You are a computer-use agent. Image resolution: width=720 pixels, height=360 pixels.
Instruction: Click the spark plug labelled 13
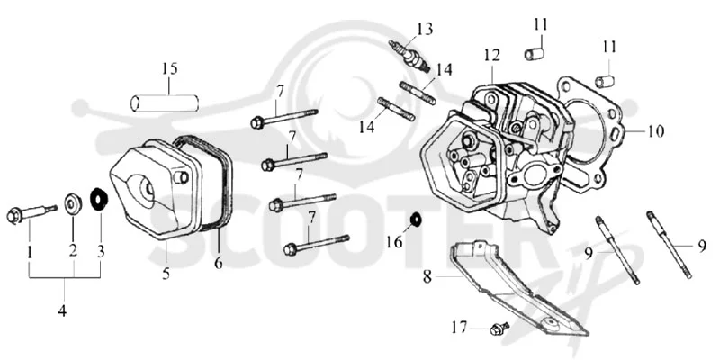[409, 57]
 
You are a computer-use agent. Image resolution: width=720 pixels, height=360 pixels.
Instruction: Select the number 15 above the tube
[169, 69]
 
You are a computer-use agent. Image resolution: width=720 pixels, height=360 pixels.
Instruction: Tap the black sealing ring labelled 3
[99, 198]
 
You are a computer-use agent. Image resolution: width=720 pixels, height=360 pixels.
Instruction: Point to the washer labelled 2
[73, 204]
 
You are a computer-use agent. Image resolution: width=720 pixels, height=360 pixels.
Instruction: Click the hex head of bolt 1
[14, 216]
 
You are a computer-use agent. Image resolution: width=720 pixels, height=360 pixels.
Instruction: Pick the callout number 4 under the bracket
[62, 310]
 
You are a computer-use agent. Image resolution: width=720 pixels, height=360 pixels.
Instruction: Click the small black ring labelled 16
[416, 220]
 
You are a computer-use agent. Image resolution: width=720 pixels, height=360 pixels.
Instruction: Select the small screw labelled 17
[499, 328]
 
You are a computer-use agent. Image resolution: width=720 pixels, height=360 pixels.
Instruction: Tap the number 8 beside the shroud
[427, 277]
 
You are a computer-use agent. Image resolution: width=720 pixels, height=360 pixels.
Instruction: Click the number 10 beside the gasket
[656, 131]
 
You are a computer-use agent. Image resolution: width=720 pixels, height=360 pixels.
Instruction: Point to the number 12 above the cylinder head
[491, 56]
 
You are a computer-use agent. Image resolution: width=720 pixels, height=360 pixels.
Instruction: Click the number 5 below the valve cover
[166, 274]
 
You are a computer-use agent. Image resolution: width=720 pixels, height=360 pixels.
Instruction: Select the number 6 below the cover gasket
[218, 263]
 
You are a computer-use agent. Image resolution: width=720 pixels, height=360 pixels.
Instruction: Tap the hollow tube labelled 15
[165, 103]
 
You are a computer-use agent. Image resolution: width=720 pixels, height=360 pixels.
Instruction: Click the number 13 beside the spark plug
[425, 30]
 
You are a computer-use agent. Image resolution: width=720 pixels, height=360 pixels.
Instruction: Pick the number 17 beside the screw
[459, 328]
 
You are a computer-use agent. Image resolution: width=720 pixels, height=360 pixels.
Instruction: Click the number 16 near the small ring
[394, 241]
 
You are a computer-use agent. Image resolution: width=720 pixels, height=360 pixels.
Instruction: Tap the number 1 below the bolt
[30, 252]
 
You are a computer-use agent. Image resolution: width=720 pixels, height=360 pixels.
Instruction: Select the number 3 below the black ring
[101, 251]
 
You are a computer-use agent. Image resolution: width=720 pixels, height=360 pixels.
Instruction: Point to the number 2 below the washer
[74, 251]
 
